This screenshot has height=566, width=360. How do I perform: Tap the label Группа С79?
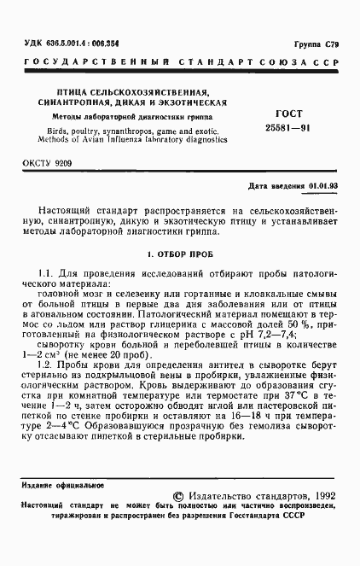pyautogui.click(x=313, y=43)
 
